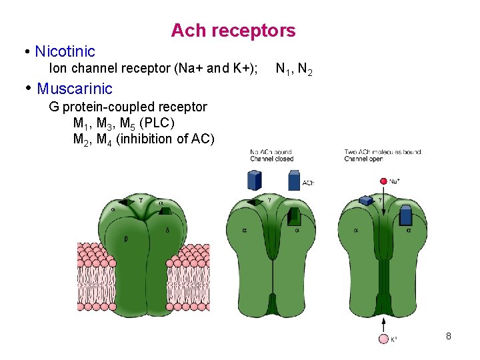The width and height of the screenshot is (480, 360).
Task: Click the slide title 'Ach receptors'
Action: [x=233, y=31]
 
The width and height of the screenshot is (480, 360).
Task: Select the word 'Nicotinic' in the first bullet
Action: [x=65, y=51]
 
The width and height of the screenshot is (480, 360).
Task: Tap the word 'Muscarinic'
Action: [x=75, y=89]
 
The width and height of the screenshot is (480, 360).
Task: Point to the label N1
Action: [x=283, y=69]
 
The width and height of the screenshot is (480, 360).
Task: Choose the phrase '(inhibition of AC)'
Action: [x=165, y=139]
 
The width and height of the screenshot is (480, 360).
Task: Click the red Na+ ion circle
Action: [x=383, y=181]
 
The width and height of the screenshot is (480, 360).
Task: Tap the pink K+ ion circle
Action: [x=383, y=339]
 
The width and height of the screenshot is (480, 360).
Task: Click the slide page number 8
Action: [x=449, y=336]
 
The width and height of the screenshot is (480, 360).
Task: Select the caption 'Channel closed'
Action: [x=271, y=159]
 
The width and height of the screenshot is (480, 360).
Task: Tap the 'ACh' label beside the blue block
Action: [x=308, y=183]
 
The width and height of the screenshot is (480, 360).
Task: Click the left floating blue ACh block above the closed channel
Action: [x=254, y=180]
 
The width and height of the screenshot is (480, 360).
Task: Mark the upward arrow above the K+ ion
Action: [x=383, y=324]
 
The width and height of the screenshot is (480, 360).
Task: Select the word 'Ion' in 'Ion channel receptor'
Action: [x=58, y=69]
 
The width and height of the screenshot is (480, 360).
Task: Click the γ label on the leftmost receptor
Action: [x=141, y=199]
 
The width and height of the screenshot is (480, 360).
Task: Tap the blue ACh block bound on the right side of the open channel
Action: [x=406, y=215]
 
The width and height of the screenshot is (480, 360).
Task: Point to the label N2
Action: [x=305, y=69]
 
